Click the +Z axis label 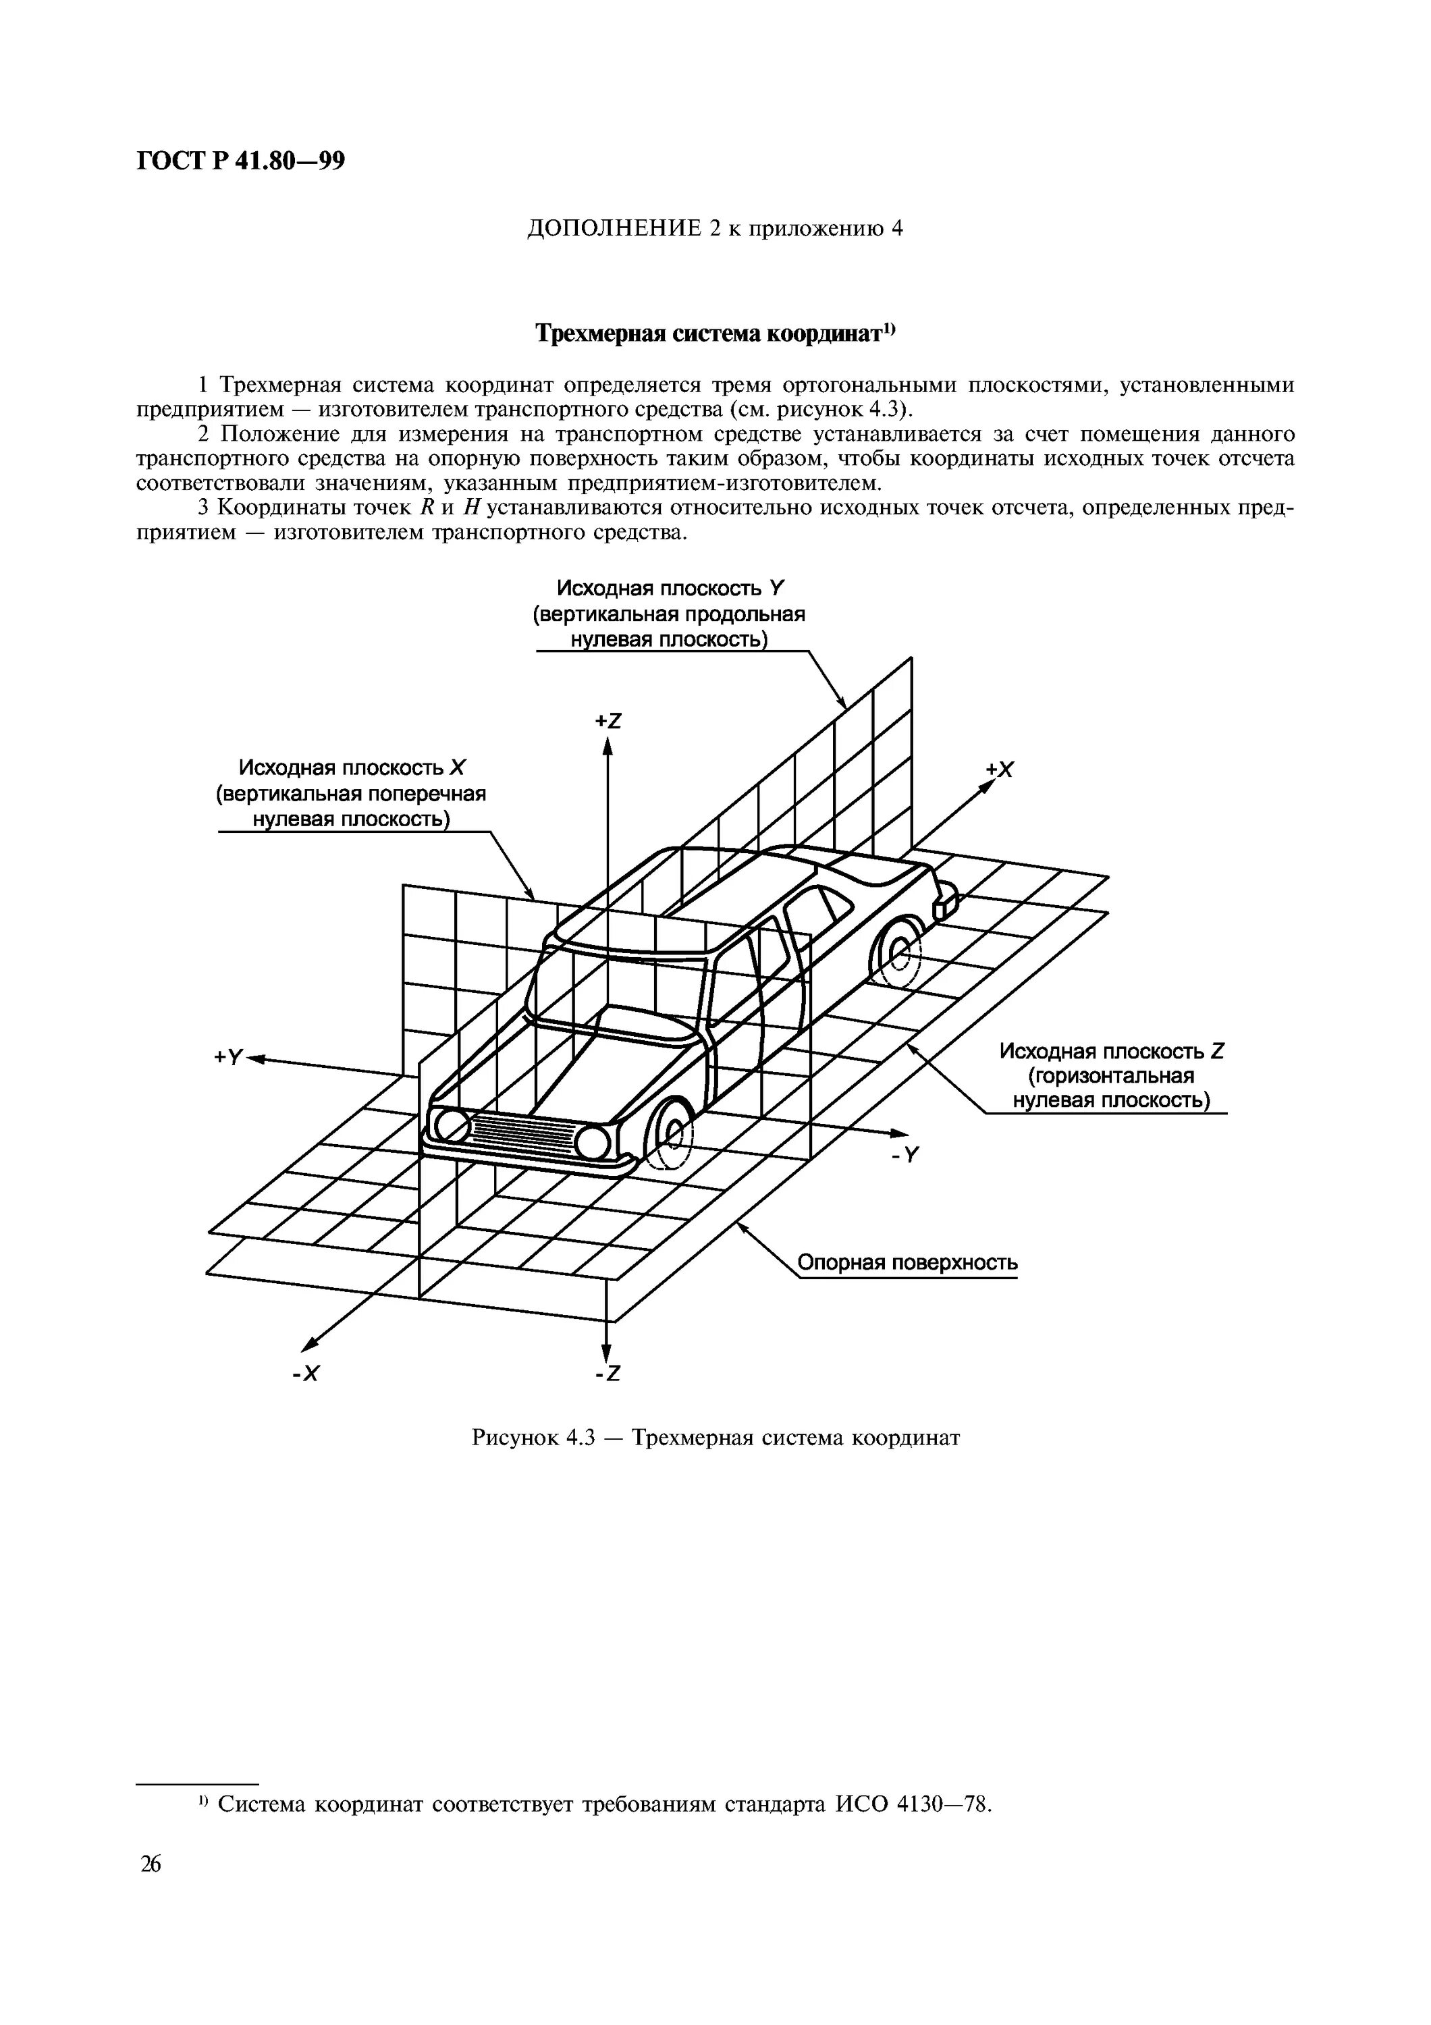(x=608, y=721)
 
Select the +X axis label (x=1000, y=770)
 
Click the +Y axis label (x=227, y=1056)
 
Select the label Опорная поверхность (x=907, y=1263)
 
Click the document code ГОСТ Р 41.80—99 (x=241, y=161)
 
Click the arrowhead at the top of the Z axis (x=607, y=746)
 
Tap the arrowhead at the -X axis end (x=308, y=1343)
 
